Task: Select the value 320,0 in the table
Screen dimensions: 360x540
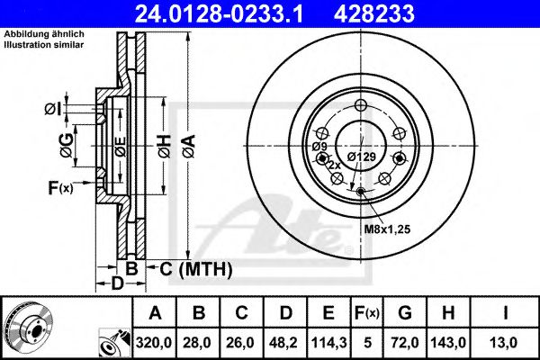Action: pyautogui.click(x=155, y=342)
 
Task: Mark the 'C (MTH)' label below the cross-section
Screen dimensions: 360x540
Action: pyautogui.click(x=197, y=268)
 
